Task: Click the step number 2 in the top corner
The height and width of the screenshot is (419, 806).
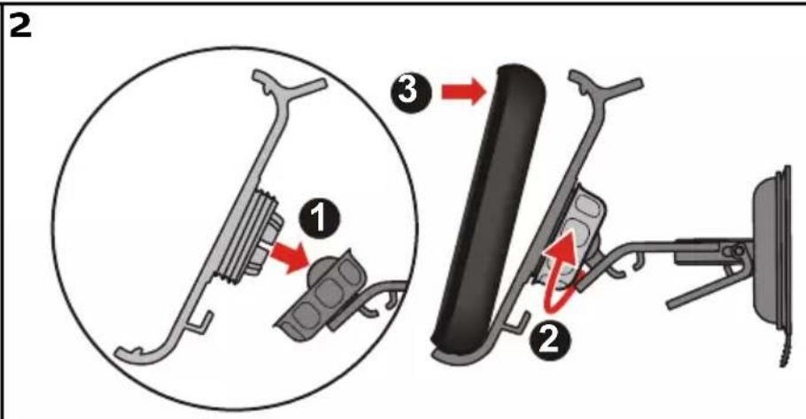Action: click(x=20, y=26)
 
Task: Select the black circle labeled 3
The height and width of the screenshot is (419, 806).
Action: click(x=410, y=91)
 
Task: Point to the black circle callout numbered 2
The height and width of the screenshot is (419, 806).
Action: click(x=549, y=339)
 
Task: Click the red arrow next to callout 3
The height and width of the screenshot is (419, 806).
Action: click(x=464, y=92)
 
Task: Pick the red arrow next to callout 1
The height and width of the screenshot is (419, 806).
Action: click(x=290, y=255)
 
